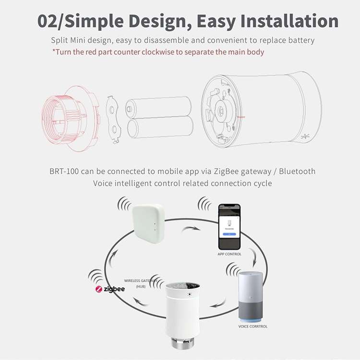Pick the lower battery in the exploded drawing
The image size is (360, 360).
pos(160,128)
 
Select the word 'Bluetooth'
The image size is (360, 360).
pos(297,171)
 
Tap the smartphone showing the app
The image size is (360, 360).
pos(230,226)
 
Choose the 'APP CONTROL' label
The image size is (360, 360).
pos(229,254)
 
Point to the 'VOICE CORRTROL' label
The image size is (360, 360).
pos(253,326)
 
